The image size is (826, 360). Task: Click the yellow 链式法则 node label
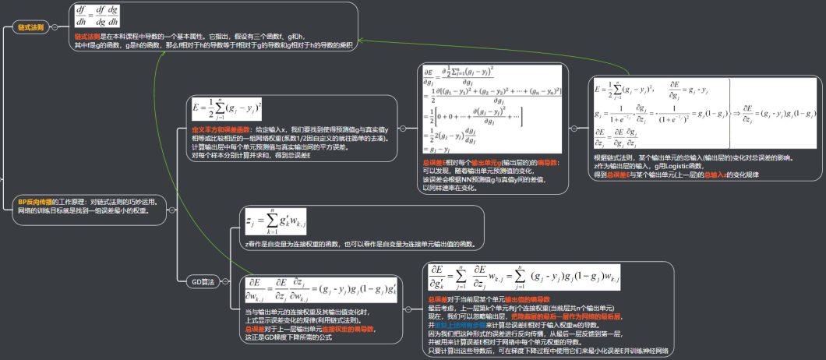[31, 27]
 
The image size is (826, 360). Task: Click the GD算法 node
[203, 281]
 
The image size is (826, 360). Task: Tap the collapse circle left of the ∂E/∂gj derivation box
[402, 129]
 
